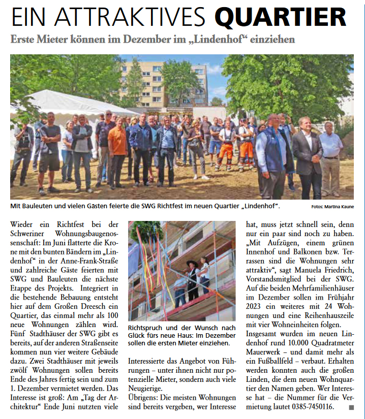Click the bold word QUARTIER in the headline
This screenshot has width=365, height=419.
coord(288,18)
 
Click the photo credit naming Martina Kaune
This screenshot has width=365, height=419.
coord(333,207)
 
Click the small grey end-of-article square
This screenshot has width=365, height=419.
coord(351,407)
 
